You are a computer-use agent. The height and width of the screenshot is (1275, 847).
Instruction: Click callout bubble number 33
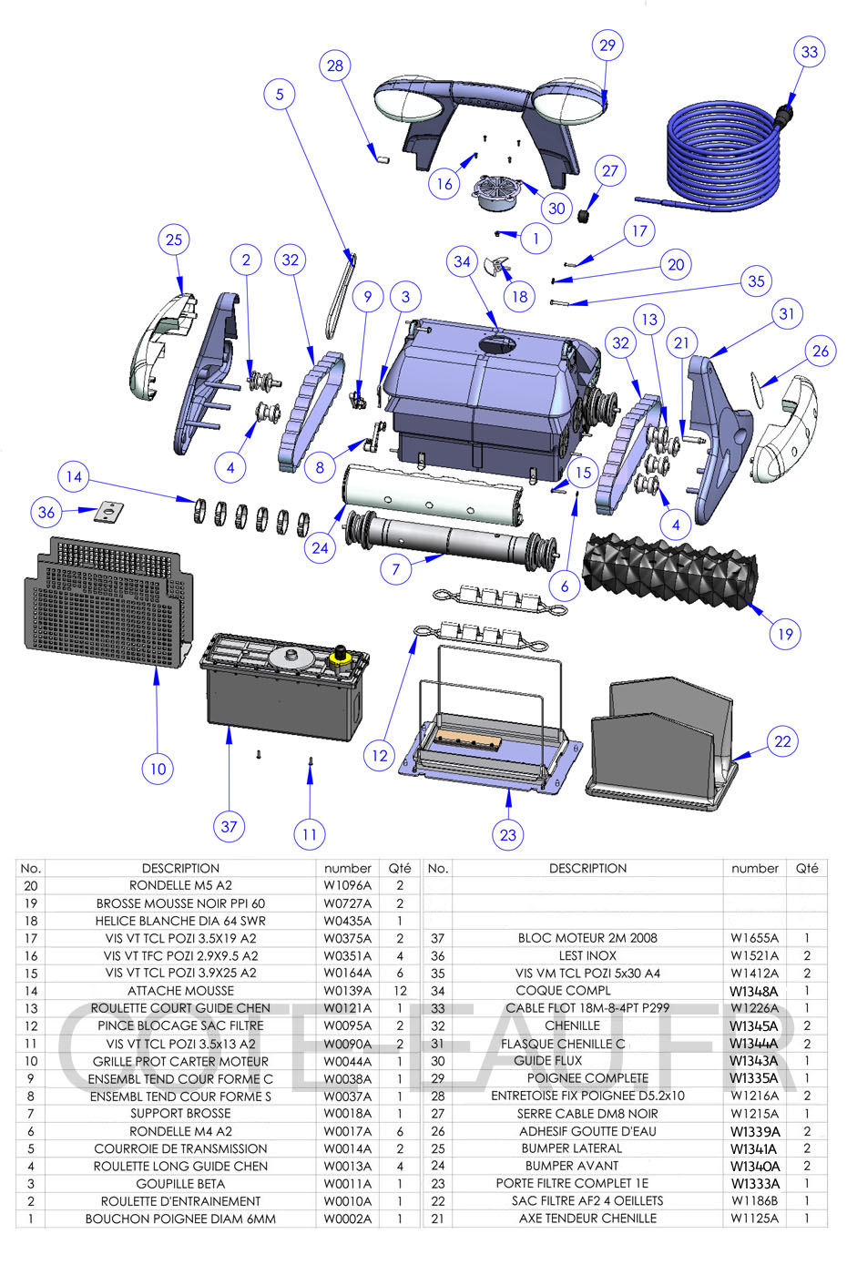[x=809, y=52]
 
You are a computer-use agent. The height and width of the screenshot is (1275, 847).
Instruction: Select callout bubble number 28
[x=335, y=66]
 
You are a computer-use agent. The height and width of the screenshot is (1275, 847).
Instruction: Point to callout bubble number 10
[x=158, y=769]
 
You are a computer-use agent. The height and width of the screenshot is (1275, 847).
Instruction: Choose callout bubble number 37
[x=229, y=827]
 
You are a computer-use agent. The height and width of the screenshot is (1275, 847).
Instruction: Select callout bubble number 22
[x=782, y=741]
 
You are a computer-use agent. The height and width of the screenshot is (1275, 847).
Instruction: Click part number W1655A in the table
[x=754, y=938]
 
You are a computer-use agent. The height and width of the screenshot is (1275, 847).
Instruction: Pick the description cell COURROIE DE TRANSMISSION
[x=180, y=1148]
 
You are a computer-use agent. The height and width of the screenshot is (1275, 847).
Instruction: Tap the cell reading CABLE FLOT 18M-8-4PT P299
[x=587, y=1008]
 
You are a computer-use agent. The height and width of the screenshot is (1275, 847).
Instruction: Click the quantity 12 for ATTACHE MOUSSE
[x=400, y=991]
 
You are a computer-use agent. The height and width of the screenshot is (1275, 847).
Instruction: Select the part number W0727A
[x=347, y=903]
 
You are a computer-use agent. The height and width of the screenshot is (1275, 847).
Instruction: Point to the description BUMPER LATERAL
[x=571, y=1148]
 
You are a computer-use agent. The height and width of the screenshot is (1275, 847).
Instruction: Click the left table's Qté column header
[x=400, y=869]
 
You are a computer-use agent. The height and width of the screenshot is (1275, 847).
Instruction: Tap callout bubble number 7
[x=396, y=570]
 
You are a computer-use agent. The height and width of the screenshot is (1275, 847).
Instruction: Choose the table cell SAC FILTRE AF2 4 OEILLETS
[x=587, y=1201]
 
